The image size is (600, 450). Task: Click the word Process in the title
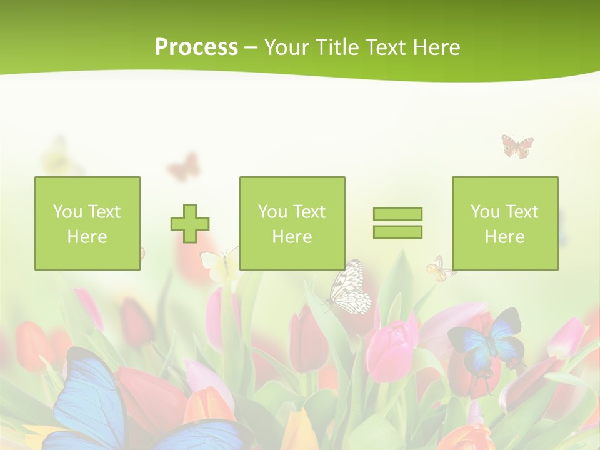click(196, 47)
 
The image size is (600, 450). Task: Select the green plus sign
click(190, 223)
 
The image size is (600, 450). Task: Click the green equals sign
click(397, 223)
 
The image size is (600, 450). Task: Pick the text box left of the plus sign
click(87, 223)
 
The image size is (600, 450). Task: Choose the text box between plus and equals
click(292, 223)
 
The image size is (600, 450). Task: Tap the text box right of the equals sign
click(505, 223)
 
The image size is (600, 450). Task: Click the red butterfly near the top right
click(517, 146)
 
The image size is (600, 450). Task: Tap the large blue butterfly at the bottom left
click(94, 400)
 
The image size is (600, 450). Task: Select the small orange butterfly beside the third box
click(440, 269)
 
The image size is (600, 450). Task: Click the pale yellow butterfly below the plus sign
click(219, 264)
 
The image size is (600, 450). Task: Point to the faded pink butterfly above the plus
click(184, 167)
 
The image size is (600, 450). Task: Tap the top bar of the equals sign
click(397, 214)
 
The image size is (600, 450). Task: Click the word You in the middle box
click(272, 212)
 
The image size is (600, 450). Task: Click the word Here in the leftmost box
click(87, 237)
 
